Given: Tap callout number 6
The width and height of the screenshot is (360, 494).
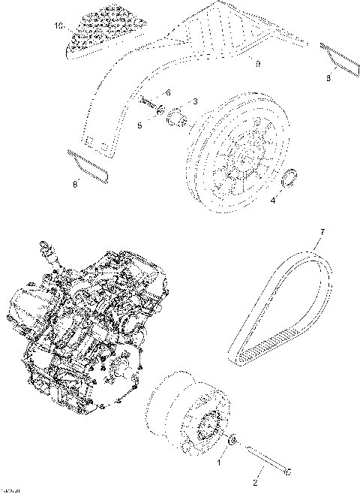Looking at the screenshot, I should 167,92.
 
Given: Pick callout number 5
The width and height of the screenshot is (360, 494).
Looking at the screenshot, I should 139,125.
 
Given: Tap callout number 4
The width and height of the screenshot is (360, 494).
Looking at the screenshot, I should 272,200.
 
